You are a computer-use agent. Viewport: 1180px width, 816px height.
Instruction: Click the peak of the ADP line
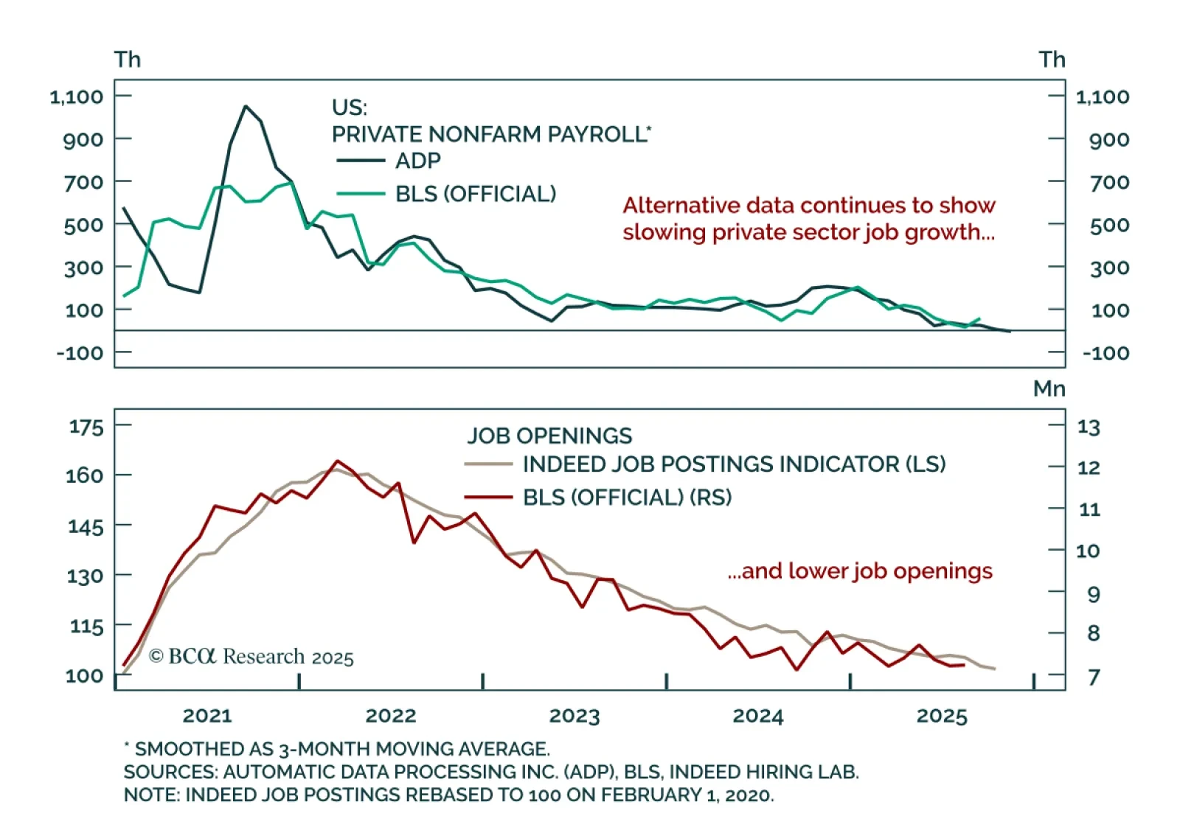[x=246, y=106]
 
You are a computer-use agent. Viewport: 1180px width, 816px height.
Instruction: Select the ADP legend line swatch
[x=361, y=161]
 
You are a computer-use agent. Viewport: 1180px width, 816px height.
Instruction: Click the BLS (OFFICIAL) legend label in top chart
[x=476, y=194]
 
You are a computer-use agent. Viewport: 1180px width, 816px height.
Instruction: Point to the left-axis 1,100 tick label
[x=77, y=97]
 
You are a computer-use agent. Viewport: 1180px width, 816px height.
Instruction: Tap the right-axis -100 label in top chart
[x=1106, y=353]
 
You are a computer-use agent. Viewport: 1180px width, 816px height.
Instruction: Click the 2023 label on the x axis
[x=575, y=716]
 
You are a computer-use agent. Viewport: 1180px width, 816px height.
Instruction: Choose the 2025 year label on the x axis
[x=942, y=716]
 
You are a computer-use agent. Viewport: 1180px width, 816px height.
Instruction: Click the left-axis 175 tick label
[x=86, y=427]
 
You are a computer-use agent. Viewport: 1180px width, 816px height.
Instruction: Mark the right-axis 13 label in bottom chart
[x=1089, y=428]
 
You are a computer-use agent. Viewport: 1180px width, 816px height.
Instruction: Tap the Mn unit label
[x=1049, y=388]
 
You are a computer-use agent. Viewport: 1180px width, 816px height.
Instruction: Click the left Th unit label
[x=128, y=60]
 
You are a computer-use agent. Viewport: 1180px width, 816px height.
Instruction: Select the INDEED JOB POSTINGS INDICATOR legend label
[x=734, y=464]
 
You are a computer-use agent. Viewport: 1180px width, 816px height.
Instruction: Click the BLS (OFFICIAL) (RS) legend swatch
[x=488, y=498]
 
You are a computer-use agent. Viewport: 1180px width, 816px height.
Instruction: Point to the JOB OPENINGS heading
[x=549, y=436]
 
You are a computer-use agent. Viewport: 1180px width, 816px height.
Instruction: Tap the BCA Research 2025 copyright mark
[x=251, y=656]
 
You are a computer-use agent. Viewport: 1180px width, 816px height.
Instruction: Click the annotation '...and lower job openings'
[x=860, y=571]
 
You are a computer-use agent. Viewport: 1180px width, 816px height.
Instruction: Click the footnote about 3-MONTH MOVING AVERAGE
[x=337, y=749]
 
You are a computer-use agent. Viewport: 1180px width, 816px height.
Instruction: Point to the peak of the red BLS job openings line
[x=337, y=461]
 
